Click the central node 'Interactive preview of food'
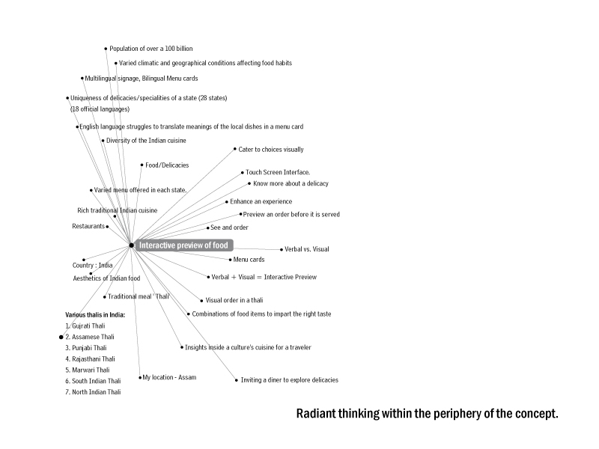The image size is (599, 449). pos(183,245)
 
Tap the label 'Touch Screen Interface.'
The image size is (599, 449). pos(278,172)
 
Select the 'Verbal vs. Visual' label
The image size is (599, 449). pos(307,249)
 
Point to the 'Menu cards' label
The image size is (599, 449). pos(249,260)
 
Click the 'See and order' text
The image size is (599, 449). pos(229,227)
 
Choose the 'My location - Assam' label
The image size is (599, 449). pos(169,377)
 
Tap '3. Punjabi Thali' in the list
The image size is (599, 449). pos(86,348)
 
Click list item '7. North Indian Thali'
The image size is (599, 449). pos(93,392)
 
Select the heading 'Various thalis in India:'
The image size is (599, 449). pos(95,315)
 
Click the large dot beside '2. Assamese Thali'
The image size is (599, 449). pos(61,337)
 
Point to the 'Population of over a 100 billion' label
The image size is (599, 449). pos(151,49)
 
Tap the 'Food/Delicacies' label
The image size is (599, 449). pos(167,165)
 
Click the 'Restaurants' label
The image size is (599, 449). pos(88,227)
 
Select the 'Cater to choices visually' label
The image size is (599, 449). pos(271,149)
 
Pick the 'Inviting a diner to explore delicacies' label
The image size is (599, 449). pos(290,380)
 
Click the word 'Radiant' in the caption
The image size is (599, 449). pos(316,414)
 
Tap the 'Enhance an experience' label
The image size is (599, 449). pos(261,201)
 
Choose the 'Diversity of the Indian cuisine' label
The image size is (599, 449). pos(146,141)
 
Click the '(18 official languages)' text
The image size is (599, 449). pos(100,109)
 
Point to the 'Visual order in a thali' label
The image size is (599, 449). pos(234,301)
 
